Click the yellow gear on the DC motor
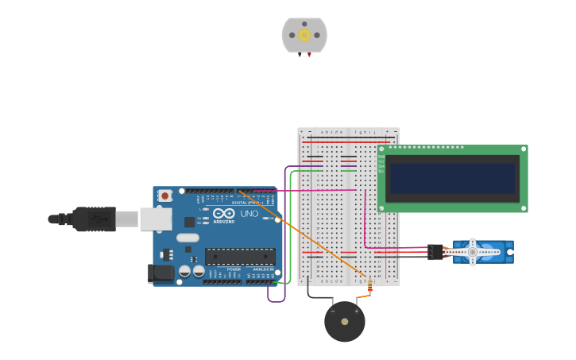pyautogui.click(x=304, y=35)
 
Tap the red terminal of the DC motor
pyautogui.click(x=309, y=55)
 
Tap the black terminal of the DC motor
pyautogui.click(x=300, y=55)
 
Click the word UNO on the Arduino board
pyautogui.click(x=249, y=214)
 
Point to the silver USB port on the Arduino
pyautogui.click(x=156, y=219)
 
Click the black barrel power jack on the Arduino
pyautogui.click(x=160, y=273)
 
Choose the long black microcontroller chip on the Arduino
pyautogui.click(x=240, y=256)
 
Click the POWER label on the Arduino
pyautogui.click(x=234, y=269)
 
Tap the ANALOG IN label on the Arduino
pyautogui.click(x=262, y=269)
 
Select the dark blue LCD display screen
pyautogui.click(x=452, y=178)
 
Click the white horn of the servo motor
pyautogui.click(x=472, y=252)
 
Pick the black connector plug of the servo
pyautogui.click(x=435, y=252)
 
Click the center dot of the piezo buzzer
pyautogui.click(x=344, y=322)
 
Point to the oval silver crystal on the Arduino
pyautogui.click(x=187, y=238)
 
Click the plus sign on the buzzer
pyautogui.click(x=356, y=311)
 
